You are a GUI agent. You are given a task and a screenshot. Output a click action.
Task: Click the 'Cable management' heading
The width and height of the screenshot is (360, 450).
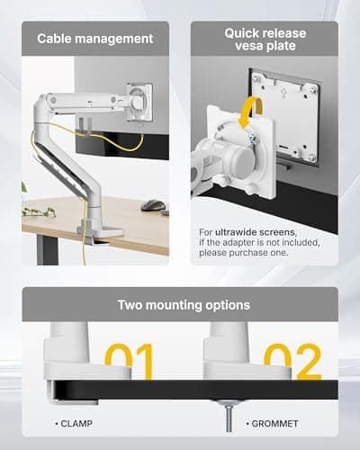[95, 40]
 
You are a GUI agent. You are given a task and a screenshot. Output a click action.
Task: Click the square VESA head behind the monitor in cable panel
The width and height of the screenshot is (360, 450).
[139, 102]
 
